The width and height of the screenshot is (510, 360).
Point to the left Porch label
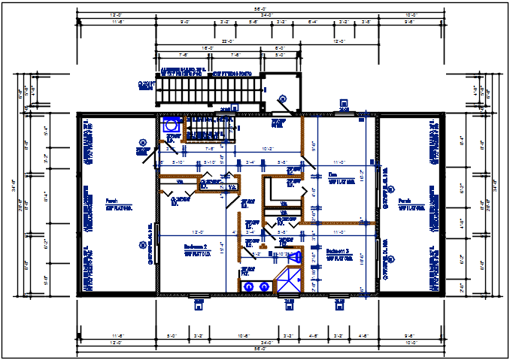[x=111, y=201]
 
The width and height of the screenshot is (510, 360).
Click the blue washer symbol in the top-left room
[x=171, y=125]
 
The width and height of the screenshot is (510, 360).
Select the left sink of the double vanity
[x=248, y=286]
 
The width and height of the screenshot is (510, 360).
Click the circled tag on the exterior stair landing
[x=283, y=98]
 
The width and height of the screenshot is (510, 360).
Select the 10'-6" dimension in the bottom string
[x=244, y=335]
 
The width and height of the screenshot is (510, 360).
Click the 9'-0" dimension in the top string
[x=184, y=23]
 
